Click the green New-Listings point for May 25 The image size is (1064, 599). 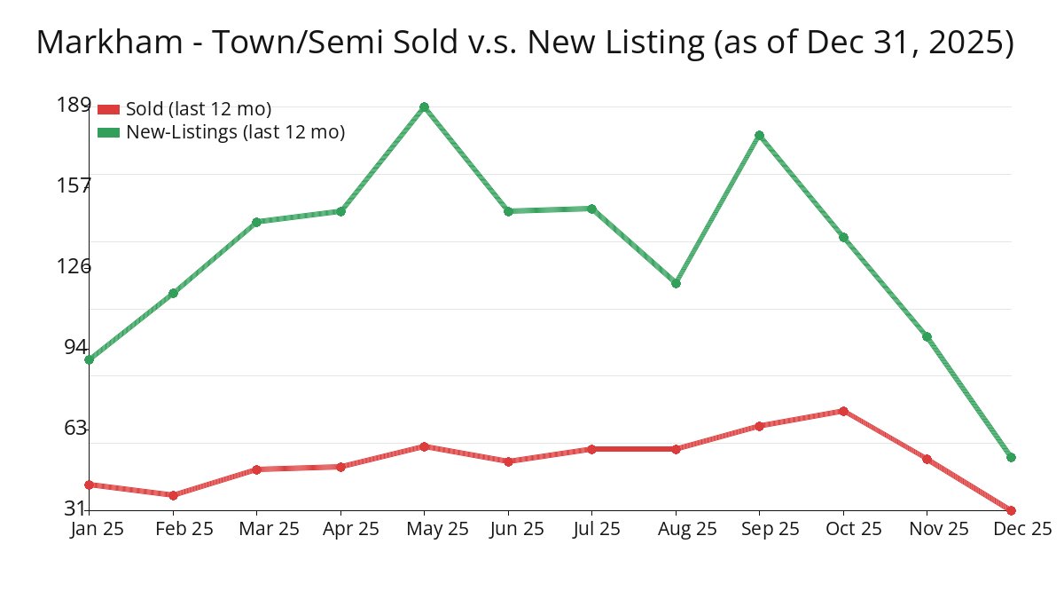pos(424,107)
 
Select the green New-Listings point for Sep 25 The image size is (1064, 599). pos(759,136)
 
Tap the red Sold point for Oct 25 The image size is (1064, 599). pos(843,411)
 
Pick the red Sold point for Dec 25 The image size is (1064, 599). pos(1011,510)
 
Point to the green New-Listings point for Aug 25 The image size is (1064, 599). pos(676,283)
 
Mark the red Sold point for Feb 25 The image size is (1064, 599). pos(173,495)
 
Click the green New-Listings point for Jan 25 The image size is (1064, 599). pos(89,359)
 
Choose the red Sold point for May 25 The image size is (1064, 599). pos(424,446)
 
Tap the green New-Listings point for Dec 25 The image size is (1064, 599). pos(1011,457)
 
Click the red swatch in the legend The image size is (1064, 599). pos(108,109)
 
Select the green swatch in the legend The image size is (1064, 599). pos(108,132)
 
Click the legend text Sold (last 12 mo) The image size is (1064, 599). pos(199,109)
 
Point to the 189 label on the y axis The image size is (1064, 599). pos(74,105)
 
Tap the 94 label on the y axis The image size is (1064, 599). pos(77,347)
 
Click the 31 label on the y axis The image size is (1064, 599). pos(77,508)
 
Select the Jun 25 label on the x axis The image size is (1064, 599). pos(517,529)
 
